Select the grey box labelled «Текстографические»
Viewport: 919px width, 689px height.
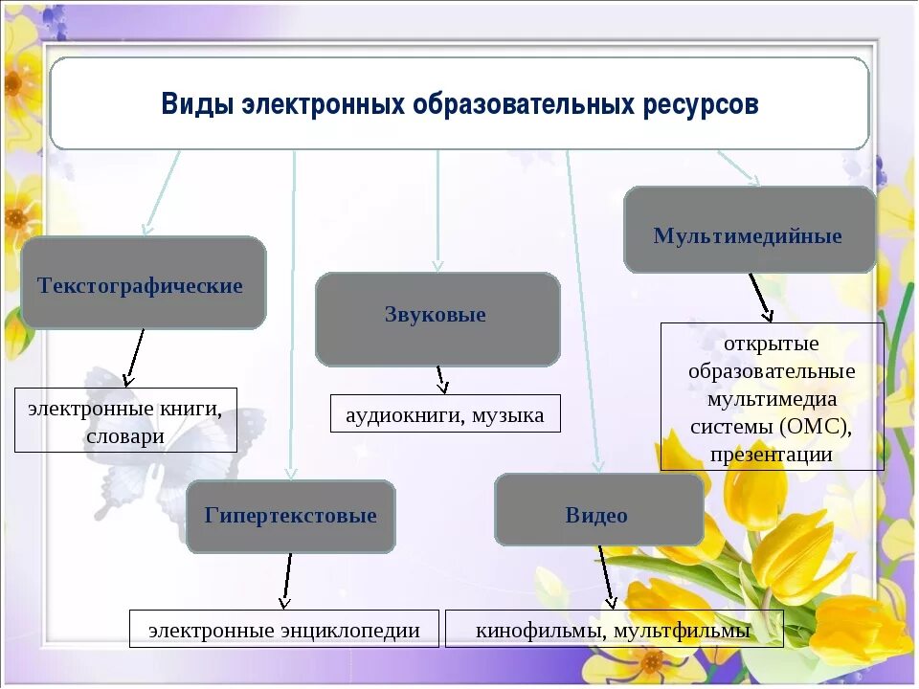[x=143, y=284]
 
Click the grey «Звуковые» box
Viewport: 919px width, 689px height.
[x=437, y=318]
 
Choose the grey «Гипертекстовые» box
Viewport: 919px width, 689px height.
[x=290, y=517]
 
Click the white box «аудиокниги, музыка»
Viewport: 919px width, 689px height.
[x=445, y=414]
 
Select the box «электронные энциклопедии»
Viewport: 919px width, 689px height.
[x=283, y=629]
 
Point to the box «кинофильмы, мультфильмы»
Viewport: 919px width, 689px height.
[x=613, y=629]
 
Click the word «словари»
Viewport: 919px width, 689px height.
[x=124, y=436]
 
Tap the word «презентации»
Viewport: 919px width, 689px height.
[x=772, y=454]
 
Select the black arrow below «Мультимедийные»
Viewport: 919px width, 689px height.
[x=760, y=297]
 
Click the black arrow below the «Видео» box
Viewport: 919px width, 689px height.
[x=606, y=576]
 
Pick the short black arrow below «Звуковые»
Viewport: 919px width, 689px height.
[x=440, y=380]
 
